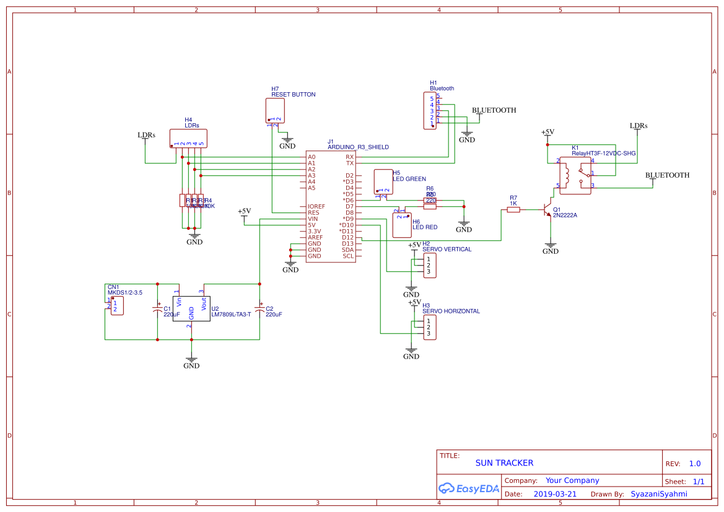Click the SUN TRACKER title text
point(504,463)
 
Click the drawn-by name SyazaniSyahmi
point(659,494)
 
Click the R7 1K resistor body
point(513,210)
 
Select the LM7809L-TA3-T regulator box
point(191,308)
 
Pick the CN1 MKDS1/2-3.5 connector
point(116,306)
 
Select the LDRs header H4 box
point(188,138)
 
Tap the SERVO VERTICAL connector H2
point(430,266)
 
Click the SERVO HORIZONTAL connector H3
point(430,328)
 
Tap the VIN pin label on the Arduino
point(313,219)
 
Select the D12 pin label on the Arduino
point(347,237)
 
